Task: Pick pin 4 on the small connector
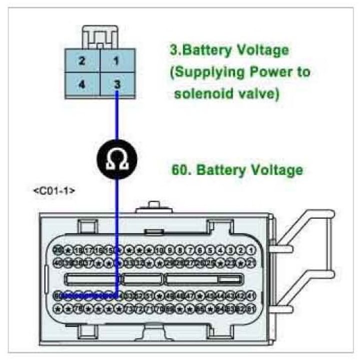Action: tap(81, 84)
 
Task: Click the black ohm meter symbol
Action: tap(116, 158)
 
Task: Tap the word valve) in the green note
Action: tap(257, 94)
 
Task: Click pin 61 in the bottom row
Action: tap(251, 308)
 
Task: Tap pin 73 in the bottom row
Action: tap(129, 308)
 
